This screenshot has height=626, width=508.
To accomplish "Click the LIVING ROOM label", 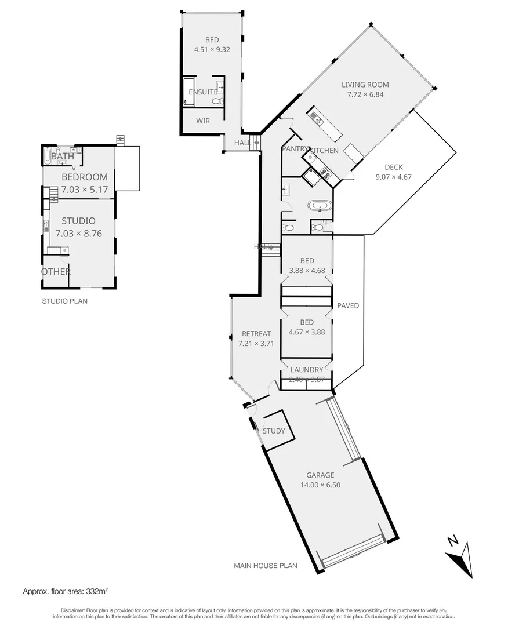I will tap(365, 85).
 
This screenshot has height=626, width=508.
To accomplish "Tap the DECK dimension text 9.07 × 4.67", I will tap(393, 177).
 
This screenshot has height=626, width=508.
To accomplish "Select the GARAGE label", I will tap(320, 475).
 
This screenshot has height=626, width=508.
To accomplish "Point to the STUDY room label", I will tap(274, 431).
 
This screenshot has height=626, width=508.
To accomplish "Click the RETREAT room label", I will tap(256, 334).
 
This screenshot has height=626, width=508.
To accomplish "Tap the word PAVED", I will tap(348, 305).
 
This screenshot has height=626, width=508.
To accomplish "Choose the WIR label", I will tap(203, 121).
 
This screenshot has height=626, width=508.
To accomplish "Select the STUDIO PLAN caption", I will tap(64, 301).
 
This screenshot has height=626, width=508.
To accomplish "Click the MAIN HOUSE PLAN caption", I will tap(266, 566).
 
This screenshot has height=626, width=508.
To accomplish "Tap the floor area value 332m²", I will tap(97, 592).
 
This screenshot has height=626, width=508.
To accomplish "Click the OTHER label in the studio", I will tap(56, 272).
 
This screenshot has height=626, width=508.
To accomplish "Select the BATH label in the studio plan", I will tap(63, 156).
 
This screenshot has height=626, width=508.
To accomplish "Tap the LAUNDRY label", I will tap(307, 370).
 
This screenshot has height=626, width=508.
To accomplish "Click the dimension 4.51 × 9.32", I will tap(212, 50).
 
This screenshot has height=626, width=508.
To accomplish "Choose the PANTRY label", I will tap(293, 150).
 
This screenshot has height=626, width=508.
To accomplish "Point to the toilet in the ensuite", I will tap(216, 101).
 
